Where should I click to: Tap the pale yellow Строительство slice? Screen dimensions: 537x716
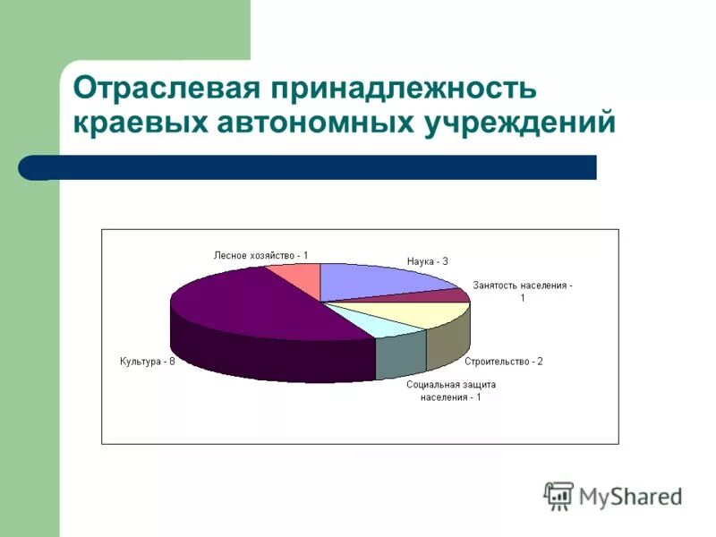tap(430, 313)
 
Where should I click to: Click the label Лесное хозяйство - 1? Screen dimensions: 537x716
tap(260, 255)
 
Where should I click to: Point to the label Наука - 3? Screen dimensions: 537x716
tap(427, 261)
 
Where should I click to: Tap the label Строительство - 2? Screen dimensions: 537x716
tap(503, 362)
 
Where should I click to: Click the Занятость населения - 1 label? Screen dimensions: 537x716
tap(523, 291)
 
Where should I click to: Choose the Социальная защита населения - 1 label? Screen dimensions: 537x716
tap(451, 390)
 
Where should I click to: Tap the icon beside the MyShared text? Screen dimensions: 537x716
tap(559, 496)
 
